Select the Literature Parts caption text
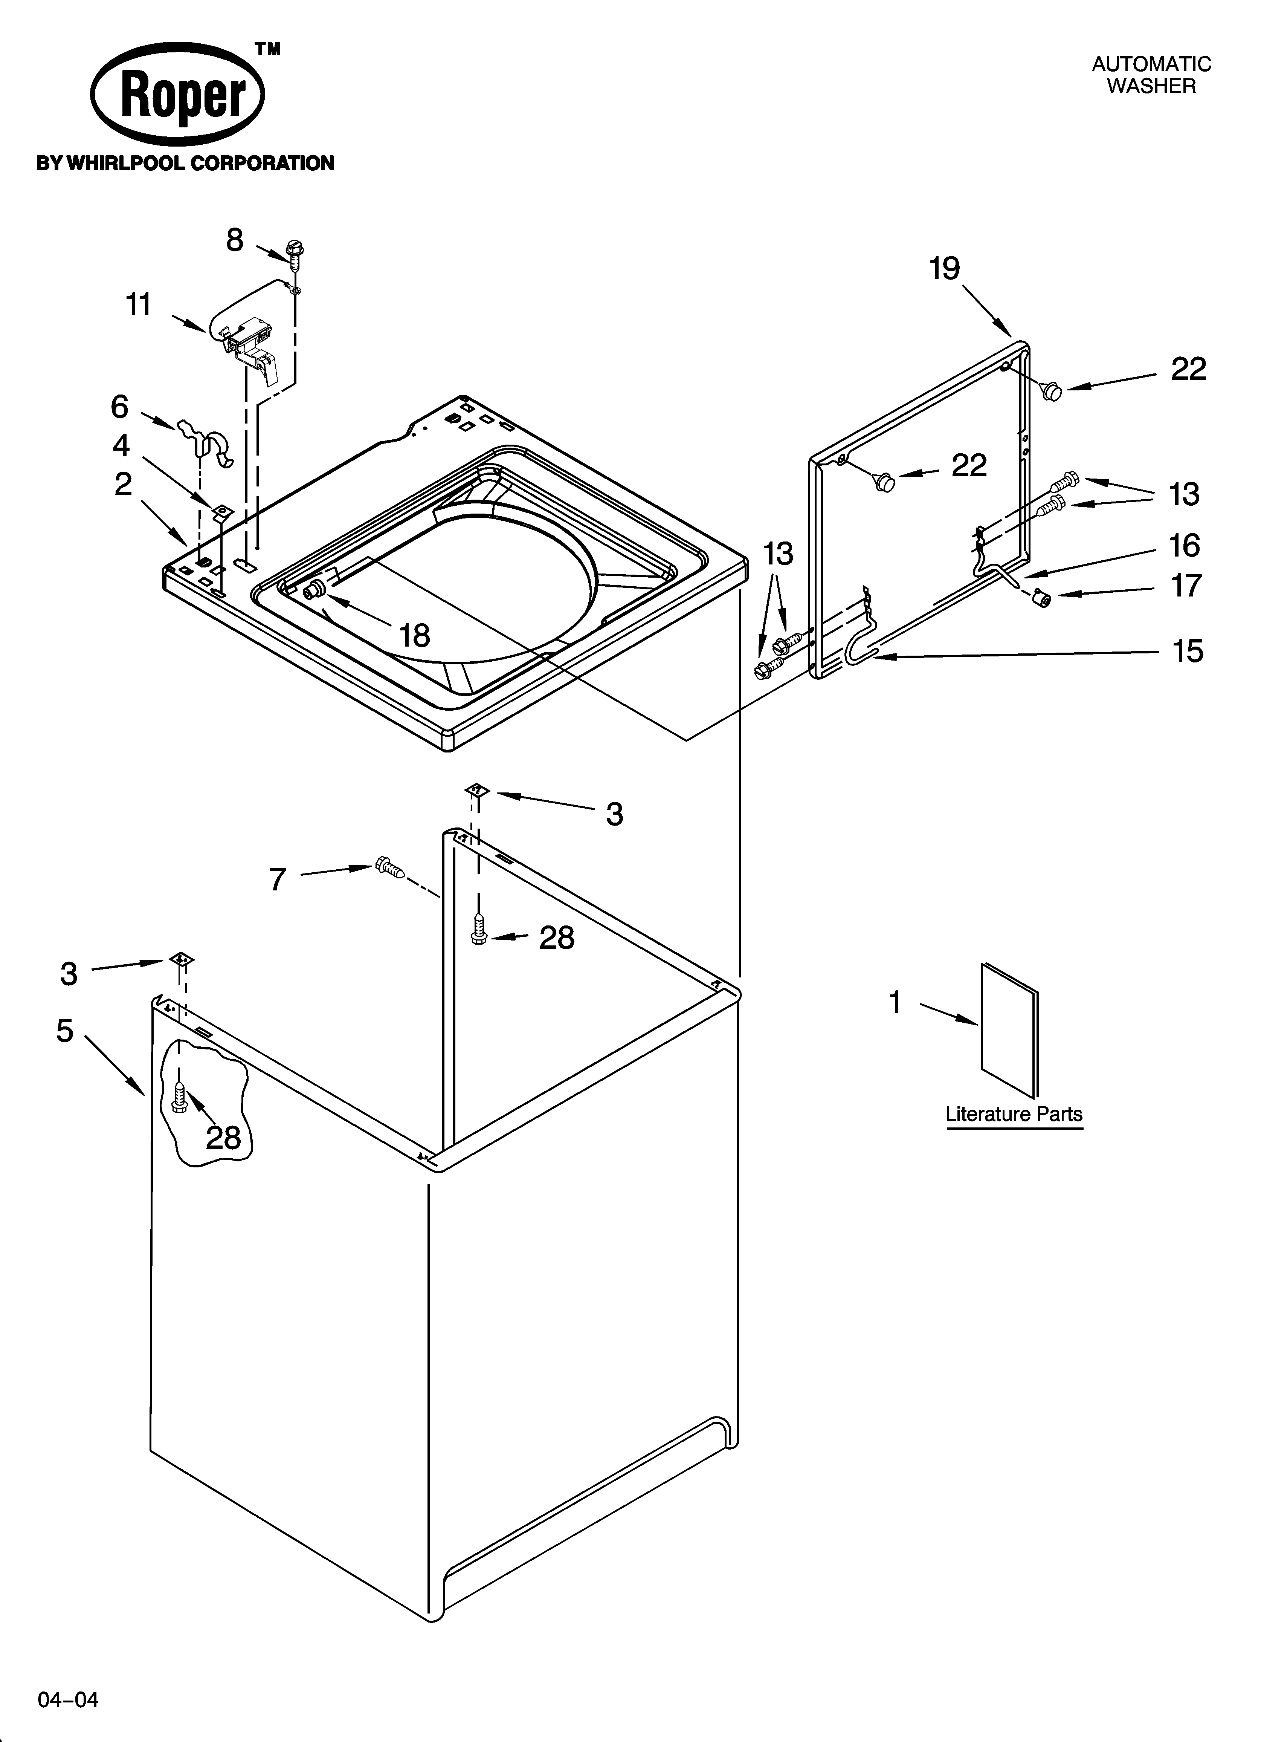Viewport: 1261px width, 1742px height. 1014,1114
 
